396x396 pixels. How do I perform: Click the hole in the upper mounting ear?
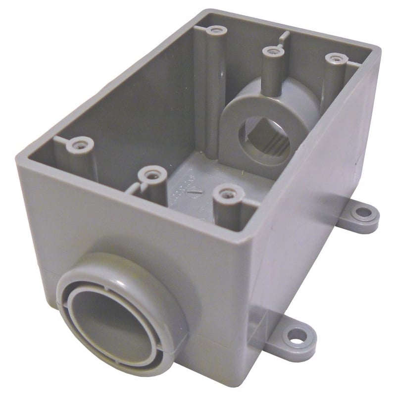point(363,213)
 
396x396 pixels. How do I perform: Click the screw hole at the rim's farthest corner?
point(216,31)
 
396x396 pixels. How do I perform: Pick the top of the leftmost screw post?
point(79,145)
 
